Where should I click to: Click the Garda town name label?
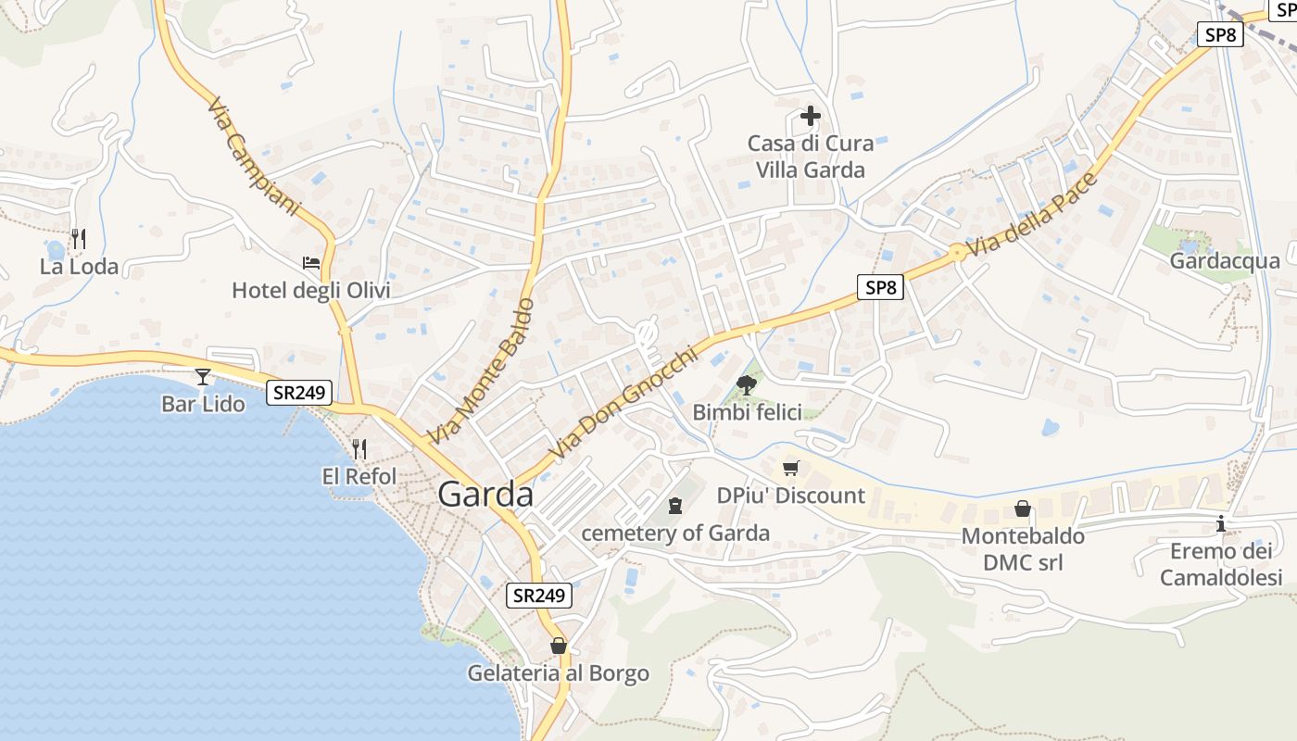pyautogui.click(x=485, y=495)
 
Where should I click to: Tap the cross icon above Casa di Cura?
pyautogui.click(x=810, y=116)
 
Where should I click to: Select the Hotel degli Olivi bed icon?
pyautogui.click(x=311, y=263)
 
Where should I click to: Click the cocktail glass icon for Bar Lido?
pyautogui.click(x=203, y=376)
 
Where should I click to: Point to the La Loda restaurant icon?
pyautogui.click(x=79, y=240)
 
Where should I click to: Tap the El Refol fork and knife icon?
pyautogui.click(x=359, y=449)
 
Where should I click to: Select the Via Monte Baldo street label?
pyautogui.click(x=483, y=370)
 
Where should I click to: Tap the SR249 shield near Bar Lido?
pyautogui.click(x=298, y=393)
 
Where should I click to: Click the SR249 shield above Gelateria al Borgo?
pyautogui.click(x=539, y=596)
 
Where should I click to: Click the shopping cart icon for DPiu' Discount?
pyautogui.click(x=790, y=469)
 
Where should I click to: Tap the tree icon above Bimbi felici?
pyautogui.click(x=746, y=384)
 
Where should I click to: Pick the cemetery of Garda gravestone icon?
pyautogui.click(x=675, y=506)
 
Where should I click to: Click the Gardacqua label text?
pyautogui.click(x=1225, y=261)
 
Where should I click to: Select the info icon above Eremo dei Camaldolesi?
pyautogui.click(x=1221, y=524)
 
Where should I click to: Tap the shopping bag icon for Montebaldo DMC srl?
pyautogui.click(x=1023, y=509)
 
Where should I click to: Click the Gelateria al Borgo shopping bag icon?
pyautogui.click(x=558, y=646)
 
